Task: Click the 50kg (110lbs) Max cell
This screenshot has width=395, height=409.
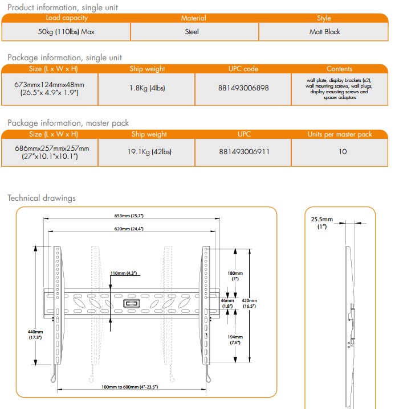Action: point(66,32)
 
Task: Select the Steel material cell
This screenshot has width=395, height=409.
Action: point(192,32)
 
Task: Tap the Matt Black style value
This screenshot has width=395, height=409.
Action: point(324,32)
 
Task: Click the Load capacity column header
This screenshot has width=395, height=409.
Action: point(66,18)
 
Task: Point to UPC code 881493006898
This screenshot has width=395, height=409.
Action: point(243,88)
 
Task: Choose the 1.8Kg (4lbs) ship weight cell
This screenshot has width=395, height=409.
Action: point(146,88)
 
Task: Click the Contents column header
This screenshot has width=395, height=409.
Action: point(339,69)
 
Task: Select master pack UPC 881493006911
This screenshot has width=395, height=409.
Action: point(243,152)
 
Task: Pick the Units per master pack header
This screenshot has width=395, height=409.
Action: point(340,134)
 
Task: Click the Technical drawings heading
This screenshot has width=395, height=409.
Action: point(41,198)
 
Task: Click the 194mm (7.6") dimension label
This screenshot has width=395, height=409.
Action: point(235,340)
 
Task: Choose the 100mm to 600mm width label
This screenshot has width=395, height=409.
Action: point(129,387)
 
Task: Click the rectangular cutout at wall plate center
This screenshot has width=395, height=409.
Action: point(131,303)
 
